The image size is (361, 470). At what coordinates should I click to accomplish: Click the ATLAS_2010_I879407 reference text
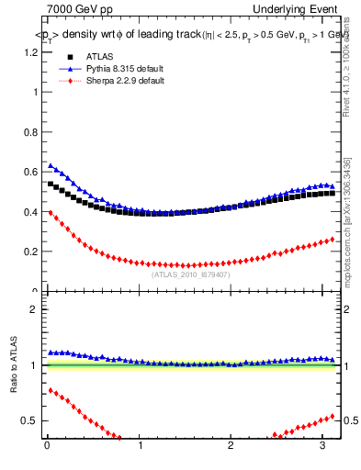(190, 274)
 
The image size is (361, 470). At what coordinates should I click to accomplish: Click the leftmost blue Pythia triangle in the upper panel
(51, 165)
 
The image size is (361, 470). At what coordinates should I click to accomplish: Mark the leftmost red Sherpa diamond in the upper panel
(51, 212)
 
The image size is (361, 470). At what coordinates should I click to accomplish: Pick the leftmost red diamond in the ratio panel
(51, 390)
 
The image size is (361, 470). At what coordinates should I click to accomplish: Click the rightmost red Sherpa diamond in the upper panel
(332, 239)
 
